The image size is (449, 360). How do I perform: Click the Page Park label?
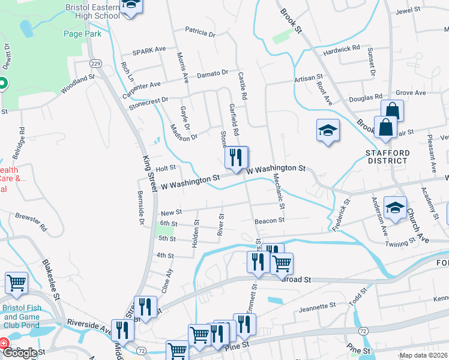[x=83, y=34]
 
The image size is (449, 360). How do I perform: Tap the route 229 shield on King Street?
[x=95, y=63]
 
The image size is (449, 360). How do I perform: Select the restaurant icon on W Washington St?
[x=236, y=157]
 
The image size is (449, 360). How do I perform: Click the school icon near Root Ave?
[x=328, y=131]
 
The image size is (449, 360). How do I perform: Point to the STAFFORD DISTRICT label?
[x=387, y=157]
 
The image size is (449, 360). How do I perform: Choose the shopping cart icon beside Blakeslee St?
[x=16, y=283]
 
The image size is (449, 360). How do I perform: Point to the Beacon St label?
[x=269, y=221]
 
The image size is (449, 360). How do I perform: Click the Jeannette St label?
[x=318, y=307]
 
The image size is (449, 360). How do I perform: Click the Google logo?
[x=20, y=353]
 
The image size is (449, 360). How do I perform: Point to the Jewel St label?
[x=407, y=11]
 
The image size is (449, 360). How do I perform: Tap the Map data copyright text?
[x=424, y=355]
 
